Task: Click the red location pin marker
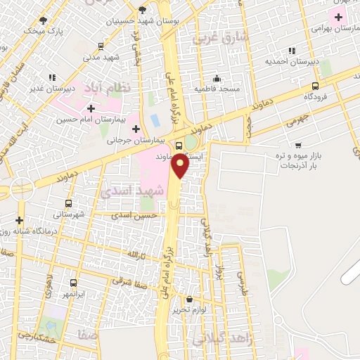coord(181,165)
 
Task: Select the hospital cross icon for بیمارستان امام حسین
coord(90,108)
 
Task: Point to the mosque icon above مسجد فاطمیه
coord(217,78)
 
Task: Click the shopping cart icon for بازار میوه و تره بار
coord(299,146)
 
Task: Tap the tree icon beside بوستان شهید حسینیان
coord(143,10)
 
